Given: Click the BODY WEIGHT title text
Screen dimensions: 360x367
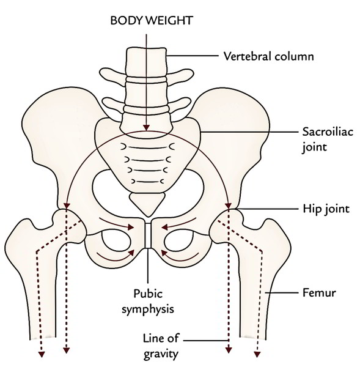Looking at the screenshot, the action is pos(152,20).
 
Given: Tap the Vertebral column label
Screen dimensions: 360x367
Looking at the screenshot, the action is pos(268,56).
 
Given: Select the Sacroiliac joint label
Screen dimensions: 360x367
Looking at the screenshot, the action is pos(328,139).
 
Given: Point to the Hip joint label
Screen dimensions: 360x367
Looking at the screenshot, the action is pos(326,209).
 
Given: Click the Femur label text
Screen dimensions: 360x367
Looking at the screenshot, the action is pos(319,292).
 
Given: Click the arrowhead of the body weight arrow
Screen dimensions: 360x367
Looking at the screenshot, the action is pos(147,128).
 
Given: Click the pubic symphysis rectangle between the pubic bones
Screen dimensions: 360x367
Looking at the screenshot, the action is pos(148,235).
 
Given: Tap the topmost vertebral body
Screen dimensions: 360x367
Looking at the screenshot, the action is pos(147,62).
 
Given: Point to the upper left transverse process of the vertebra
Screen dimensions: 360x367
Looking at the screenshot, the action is pos(113,75).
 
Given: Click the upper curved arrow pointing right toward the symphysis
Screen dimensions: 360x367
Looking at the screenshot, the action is pos(117,223).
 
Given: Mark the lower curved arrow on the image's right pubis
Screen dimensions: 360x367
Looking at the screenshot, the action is pos(180,257).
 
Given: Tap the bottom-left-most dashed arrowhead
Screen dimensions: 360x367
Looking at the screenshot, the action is pos(42,354).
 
